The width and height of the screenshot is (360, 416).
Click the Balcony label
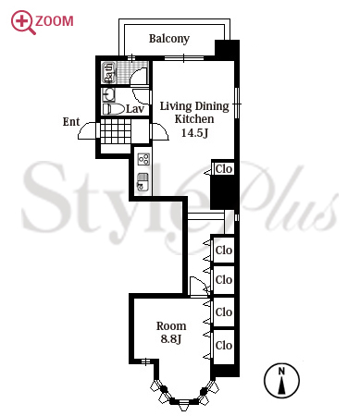tap(169, 39)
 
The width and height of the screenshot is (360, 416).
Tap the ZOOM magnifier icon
tap(22, 22)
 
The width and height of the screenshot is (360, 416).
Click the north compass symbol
tap(281, 380)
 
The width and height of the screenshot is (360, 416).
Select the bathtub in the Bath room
tap(109, 72)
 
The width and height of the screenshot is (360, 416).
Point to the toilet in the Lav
tap(113, 109)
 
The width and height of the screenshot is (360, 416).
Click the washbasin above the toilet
tap(108, 94)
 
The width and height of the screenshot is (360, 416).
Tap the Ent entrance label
tap(71, 122)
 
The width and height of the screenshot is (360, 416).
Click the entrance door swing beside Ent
tap(87, 130)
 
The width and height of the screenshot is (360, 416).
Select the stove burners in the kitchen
tap(144, 159)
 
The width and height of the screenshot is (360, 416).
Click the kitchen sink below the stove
tap(143, 183)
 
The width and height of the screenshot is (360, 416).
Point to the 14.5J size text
tap(194, 133)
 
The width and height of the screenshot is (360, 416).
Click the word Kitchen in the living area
tap(194, 119)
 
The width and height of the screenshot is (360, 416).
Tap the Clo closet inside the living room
tap(224, 168)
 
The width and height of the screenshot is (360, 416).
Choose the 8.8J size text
tap(171, 338)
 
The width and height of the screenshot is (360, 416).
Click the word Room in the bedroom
tap(171, 325)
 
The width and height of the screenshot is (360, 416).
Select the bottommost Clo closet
tap(224, 345)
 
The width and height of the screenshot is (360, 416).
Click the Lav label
tap(135, 108)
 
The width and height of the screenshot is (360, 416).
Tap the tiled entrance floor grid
tap(116, 131)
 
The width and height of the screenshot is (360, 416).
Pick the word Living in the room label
tap(176, 106)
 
